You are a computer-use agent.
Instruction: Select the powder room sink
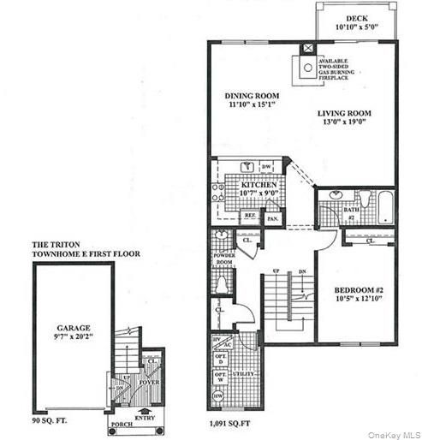click(x=222, y=236)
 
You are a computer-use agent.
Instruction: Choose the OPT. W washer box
click(x=218, y=377)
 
